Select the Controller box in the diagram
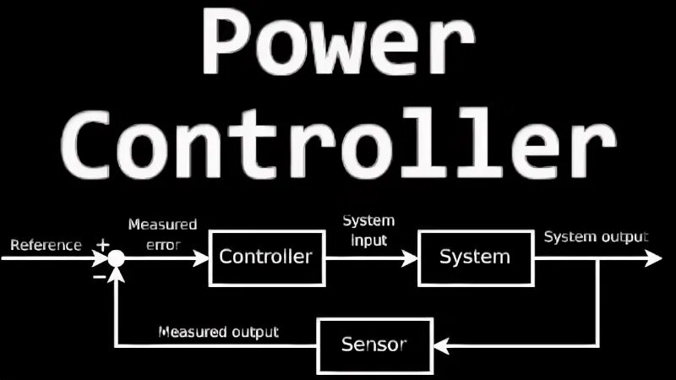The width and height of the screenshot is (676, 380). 266,257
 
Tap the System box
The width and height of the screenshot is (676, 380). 475,257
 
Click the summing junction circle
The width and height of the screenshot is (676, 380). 117,257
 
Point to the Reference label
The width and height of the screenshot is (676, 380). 46,246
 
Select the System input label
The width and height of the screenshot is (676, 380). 368,230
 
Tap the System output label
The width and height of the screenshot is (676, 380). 596,236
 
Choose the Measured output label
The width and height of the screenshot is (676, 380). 219,332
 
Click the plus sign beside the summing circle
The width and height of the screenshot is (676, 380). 103,245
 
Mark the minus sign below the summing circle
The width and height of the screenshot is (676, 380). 100,274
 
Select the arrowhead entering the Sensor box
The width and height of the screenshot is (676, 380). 439,345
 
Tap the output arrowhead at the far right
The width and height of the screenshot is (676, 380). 657,257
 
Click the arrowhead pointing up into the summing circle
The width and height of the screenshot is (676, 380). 117,273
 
